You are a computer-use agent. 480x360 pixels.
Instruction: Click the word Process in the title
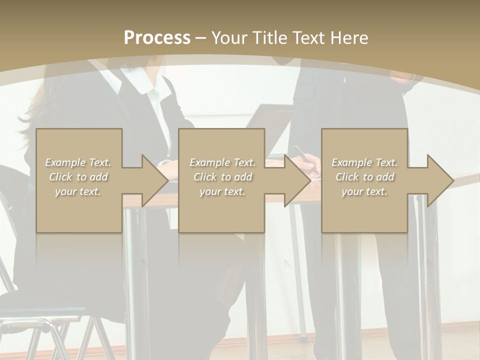[x=157, y=37]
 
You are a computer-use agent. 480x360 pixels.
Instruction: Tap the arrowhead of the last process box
[x=439, y=180]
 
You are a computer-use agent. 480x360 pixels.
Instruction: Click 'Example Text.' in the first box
[x=78, y=162]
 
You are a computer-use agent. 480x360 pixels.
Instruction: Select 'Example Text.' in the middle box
[x=222, y=162]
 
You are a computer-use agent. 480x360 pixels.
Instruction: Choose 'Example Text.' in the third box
[x=364, y=162]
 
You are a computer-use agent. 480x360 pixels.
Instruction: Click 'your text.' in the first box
[x=78, y=191]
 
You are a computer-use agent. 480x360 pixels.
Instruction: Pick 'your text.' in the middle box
[x=222, y=191]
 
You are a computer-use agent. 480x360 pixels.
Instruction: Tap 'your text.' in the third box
[x=364, y=191]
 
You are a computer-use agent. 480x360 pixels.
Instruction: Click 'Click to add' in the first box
[x=78, y=177]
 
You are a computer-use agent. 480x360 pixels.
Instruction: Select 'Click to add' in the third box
[x=364, y=177]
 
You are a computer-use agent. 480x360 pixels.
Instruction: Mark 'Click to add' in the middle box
[x=222, y=177]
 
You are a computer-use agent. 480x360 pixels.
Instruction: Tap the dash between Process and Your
[x=201, y=38]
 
